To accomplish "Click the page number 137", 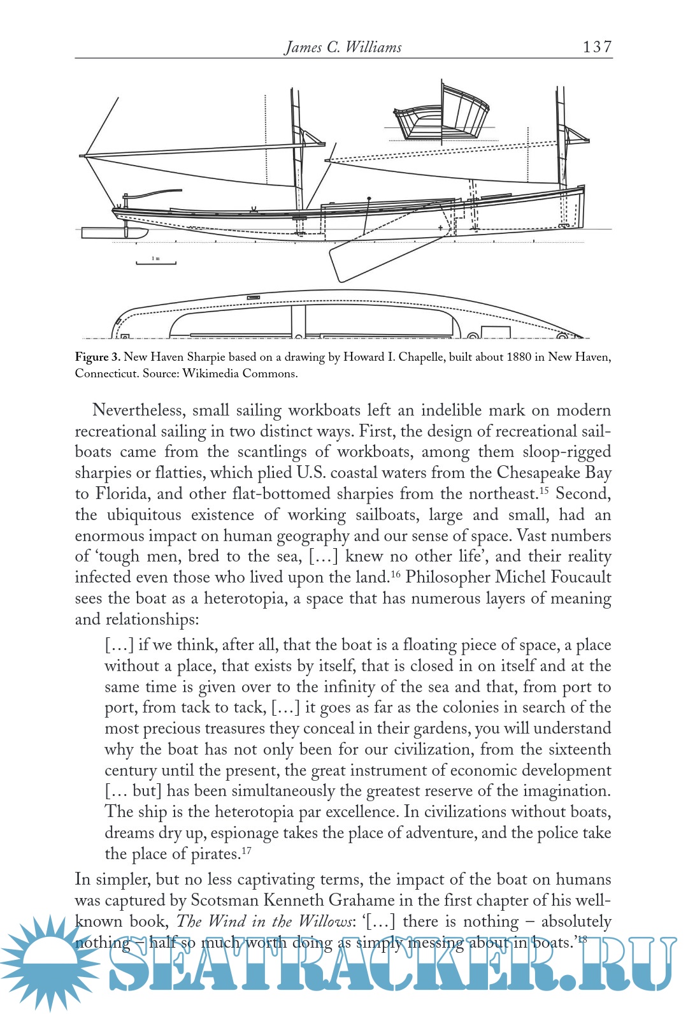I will click(597, 47).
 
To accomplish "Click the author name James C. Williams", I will click(343, 47).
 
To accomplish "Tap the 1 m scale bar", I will click(155, 261).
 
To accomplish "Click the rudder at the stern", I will click(108, 233).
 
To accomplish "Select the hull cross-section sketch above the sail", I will click(441, 115).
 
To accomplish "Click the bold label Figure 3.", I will click(97, 357).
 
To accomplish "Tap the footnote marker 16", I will click(395, 573).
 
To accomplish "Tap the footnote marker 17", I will click(247, 850).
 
